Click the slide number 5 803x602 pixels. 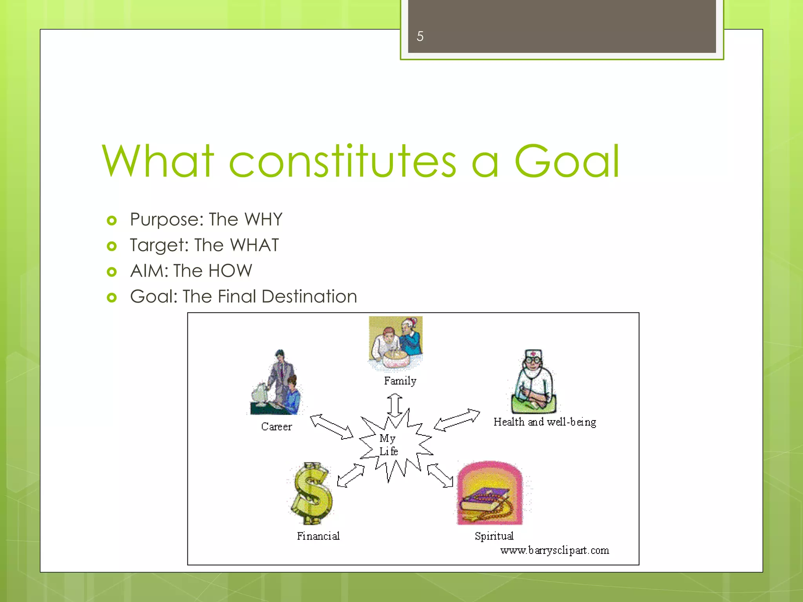(x=420, y=36)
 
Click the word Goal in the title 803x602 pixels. (x=566, y=161)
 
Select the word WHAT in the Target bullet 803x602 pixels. (x=254, y=245)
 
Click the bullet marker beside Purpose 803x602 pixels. (x=112, y=220)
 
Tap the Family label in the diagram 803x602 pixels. (x=400, y=381)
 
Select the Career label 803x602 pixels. (x=276, y=426)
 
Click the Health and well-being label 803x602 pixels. (x=545, y=422)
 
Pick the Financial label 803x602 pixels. (x=318, y=536)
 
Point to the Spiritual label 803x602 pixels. (x=494, y=536)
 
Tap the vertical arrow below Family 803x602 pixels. (x=394, y=405)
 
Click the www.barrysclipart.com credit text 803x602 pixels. (x=554, y=550)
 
